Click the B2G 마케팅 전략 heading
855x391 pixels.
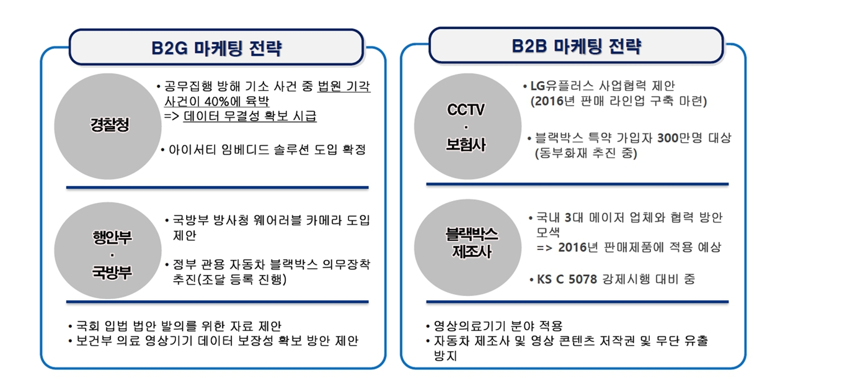[x=216, y=48]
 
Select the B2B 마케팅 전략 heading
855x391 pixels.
[x=577, y=47]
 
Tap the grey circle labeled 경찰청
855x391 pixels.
[x=108, y=126]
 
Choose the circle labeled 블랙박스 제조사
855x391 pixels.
[x=467, y=247]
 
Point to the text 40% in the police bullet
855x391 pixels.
[x=216, y=101]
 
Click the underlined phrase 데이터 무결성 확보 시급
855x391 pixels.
[x=250, y=116]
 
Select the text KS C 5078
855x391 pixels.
[x=567, y=279]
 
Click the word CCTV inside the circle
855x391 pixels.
[x=466, y=110]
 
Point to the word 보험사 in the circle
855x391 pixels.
[x=466, y=145]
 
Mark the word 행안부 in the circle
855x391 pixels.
[x=112, y=237]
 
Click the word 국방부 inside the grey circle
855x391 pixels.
[x=112, y=272]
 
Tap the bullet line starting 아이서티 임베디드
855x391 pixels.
[x=264, y=150]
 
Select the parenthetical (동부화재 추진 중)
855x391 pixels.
[x=586, y=153]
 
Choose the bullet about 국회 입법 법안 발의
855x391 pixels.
[x=175, y=326]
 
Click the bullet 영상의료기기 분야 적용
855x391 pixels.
[x=494, y=326]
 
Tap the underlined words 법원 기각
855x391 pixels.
[x=344, y=86]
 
